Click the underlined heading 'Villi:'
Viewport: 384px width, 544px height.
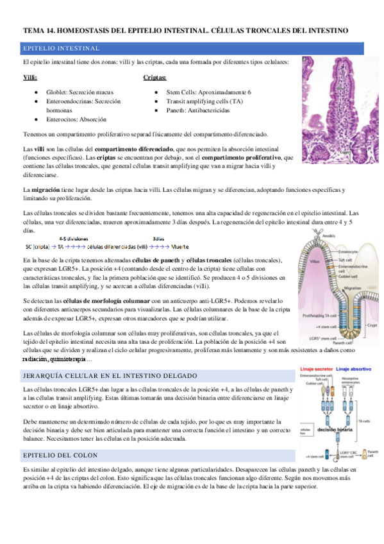29,77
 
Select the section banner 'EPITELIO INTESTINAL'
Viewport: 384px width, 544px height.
61,48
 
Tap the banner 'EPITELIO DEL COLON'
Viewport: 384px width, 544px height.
60,455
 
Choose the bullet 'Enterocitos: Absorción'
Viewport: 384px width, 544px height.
76,119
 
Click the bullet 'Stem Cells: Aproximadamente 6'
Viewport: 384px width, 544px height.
208,92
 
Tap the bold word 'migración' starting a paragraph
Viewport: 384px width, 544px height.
46,190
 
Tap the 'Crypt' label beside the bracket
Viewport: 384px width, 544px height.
372,326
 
